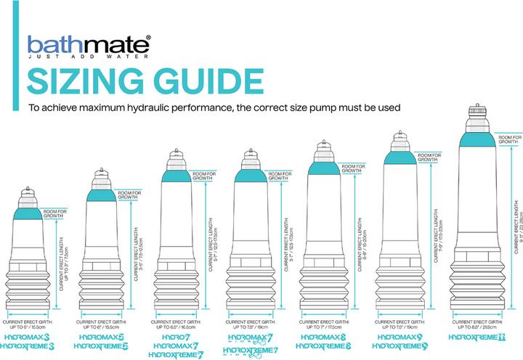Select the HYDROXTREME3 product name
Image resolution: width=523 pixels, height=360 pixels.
(x=30, y=347)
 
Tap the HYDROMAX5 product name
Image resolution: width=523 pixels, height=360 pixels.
(x=106, y=337)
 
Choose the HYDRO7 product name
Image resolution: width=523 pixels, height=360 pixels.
(x=174, y=337)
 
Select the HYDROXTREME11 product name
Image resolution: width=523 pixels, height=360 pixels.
(x=476, y=337)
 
